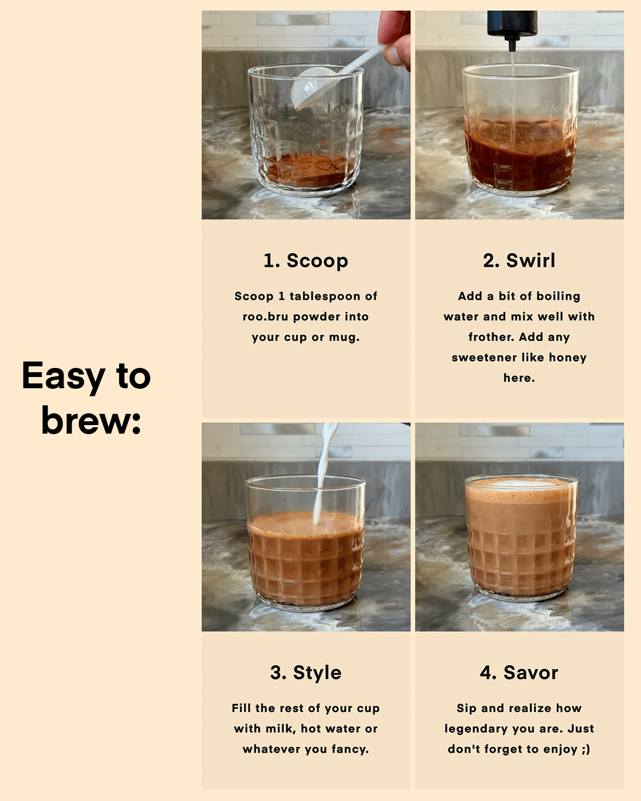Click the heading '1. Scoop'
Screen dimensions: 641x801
306,261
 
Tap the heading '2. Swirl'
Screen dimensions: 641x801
519,260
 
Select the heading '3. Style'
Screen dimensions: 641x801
306,673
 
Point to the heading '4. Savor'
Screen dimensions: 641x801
519,673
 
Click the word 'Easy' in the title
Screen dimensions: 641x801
63,376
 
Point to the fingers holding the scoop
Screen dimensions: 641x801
394,37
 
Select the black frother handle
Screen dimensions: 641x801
512,25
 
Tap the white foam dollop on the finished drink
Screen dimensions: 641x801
519,483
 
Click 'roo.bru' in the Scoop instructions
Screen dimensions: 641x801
265,317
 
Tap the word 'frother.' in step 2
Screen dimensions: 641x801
491,337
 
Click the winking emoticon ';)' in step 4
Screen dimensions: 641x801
585,749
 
